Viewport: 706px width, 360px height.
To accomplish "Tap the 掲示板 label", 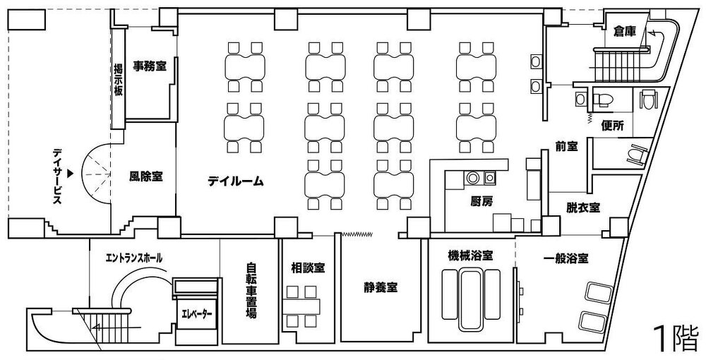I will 119,81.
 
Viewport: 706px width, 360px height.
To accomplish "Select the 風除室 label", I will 146,176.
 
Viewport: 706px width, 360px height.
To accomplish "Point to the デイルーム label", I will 236,181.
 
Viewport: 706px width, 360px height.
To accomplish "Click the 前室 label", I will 566,147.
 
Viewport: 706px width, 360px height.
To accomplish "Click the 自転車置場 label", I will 251,292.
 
